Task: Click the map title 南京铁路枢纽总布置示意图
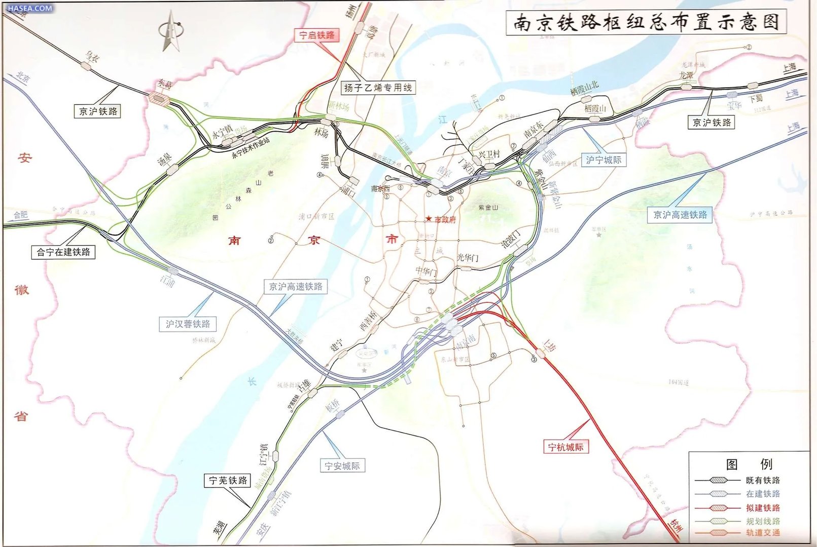pyautogui.click(x=646, y=22)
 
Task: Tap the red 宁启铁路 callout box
pyautogui.click(x=317, y=35)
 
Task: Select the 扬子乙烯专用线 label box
pyautogui.click(x=378, y=88)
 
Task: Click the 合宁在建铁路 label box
pyautogui.click(x=63, y=252)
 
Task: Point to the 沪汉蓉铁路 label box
pyautogui.click(x=188, y=324)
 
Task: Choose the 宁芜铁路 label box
pyautogui.click(x=228, y=480)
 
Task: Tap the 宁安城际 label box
pyautogui.click(x=342, y=465)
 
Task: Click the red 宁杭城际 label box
pyautogui.click(x=565, y=447)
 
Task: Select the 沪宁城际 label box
pyautogui.click(x=603, y=160)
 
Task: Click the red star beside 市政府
pyautogui.click(x=429, y=219)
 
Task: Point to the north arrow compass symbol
pyautogui.click(x=170, y=30)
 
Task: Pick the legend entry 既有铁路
pyautogui.click(x=762, y=480)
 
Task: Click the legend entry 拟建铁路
pyautogui.click(x=762, y=507)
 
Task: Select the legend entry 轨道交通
pyautogui.click(x=762, y=533)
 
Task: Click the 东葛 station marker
pyautogui.click(x=160, y=99)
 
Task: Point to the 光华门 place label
pyautogui.click(x=467, y=258)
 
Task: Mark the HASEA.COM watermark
pyautogui.click(x=29, y=8)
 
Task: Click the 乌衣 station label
pyautogui.click(x=92, y=56)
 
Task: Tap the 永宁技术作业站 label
pyautogui.click(x=251, y=147)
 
